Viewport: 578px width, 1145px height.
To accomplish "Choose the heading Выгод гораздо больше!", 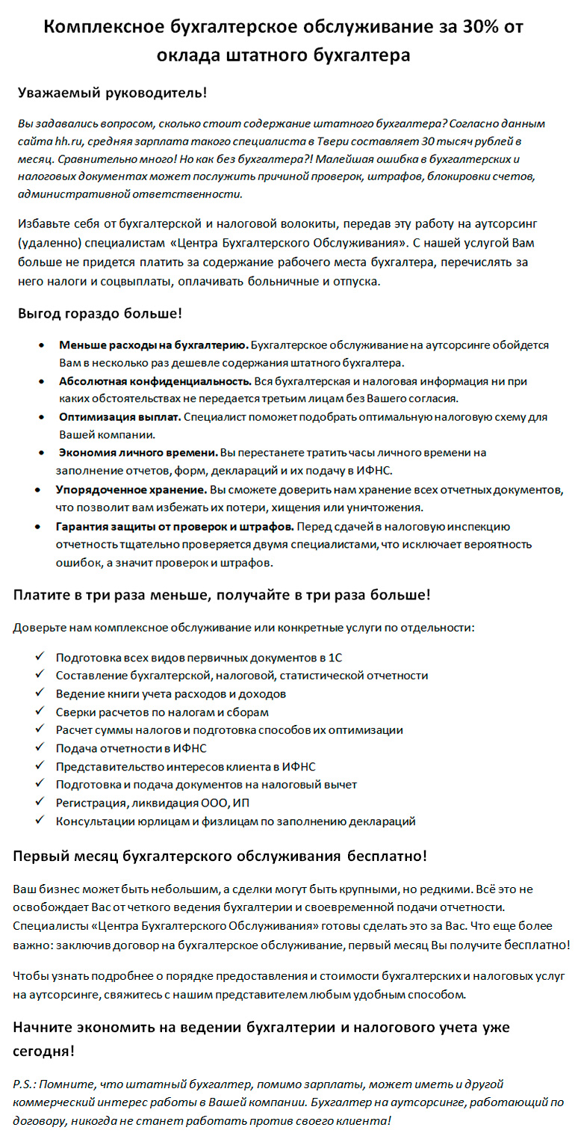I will tap(100, 312).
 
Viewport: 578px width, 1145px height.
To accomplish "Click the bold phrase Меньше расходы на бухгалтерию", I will tap(153, 345).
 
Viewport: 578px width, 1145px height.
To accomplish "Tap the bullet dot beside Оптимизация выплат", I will tap(43, 417).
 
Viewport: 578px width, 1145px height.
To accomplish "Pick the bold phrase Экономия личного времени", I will tap(138, 453).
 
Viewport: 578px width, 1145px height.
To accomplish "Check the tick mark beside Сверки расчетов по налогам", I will tap(39, 712).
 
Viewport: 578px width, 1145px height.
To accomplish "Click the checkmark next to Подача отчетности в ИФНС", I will tap(39, 748).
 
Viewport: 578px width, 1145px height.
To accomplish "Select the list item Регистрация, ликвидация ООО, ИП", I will tap(152, 803).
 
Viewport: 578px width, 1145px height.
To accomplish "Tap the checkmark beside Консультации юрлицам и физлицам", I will tap(39, 821).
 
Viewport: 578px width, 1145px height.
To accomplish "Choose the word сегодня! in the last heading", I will tap(43, 1051).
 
